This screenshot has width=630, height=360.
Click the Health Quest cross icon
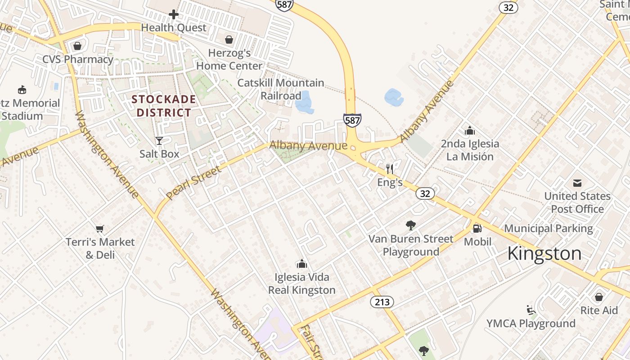tap(174, 14)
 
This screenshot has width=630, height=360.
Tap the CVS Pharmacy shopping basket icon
tap(77, 46)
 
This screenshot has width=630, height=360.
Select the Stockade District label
tap(164, 106)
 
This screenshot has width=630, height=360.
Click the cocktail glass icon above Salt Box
tap(159, 140)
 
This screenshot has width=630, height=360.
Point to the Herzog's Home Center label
tap(229, 59)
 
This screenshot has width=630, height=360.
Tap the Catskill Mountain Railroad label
tap(281, 89)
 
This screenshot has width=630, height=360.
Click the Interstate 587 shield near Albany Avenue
tap(352, 120)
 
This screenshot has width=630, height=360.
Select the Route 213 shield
tap(382, 302)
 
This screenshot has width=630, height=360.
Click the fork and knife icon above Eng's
tap(390, 169)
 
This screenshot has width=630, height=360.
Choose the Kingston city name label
tap(544, 253)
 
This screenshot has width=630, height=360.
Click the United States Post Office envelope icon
tap(577, 183)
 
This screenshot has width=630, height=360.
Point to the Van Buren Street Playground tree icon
tap(410, 225)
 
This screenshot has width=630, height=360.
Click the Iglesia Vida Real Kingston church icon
tap(302, 263)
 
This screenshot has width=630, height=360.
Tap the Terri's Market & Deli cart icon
tap(100, 229)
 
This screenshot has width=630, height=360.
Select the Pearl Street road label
tap(193, 183)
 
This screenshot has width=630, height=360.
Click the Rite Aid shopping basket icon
tap(598, 297)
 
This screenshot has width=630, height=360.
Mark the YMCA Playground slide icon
tap(531, 310)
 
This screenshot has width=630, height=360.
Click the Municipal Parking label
tap(548, 228)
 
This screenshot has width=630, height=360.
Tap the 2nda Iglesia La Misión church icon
tap(470, 130)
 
